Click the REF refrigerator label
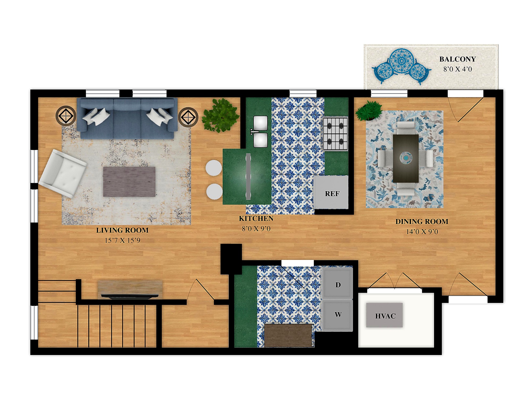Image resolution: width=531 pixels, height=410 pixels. (332, 194)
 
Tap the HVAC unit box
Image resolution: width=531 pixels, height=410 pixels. (384, 315)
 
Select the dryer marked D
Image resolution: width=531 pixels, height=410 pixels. (337, 283)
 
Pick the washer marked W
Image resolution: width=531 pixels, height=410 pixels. (337, 315)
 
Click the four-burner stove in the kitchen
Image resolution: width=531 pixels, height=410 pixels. (335, 133)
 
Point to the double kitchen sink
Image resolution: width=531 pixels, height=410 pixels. (260, 131)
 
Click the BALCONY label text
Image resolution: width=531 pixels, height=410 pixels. (457, 59)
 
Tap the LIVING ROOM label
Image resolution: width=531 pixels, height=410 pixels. (122, 230)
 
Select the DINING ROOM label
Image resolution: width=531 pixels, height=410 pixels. (422, 221)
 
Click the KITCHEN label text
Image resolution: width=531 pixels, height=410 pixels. (256, 218)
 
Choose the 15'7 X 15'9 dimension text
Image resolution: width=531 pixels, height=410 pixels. (122, 240)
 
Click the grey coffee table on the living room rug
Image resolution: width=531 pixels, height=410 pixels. (129, 182)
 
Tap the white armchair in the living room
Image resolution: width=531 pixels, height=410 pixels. (63, 174)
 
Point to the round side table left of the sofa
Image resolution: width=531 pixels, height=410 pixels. (66, 116)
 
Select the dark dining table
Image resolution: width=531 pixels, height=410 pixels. (406, 158)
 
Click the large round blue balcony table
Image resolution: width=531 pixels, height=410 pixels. (402, 61)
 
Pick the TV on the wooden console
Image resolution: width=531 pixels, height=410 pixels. (130, 296)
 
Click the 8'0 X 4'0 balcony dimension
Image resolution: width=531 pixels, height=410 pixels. (457, 69)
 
